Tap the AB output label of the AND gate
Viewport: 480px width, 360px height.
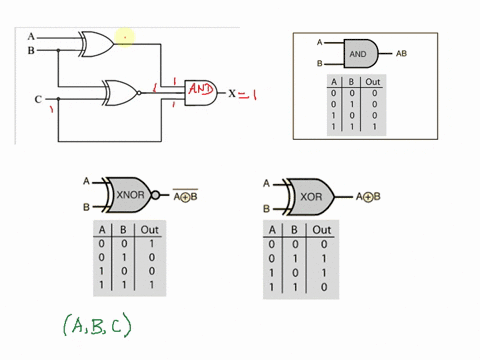(x=401, y=53)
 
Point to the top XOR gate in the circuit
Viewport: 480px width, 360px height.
(x=97, y=41)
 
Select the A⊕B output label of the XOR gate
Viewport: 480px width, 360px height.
(x=375, y=197)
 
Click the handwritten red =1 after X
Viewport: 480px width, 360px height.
(x=253, y=95)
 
